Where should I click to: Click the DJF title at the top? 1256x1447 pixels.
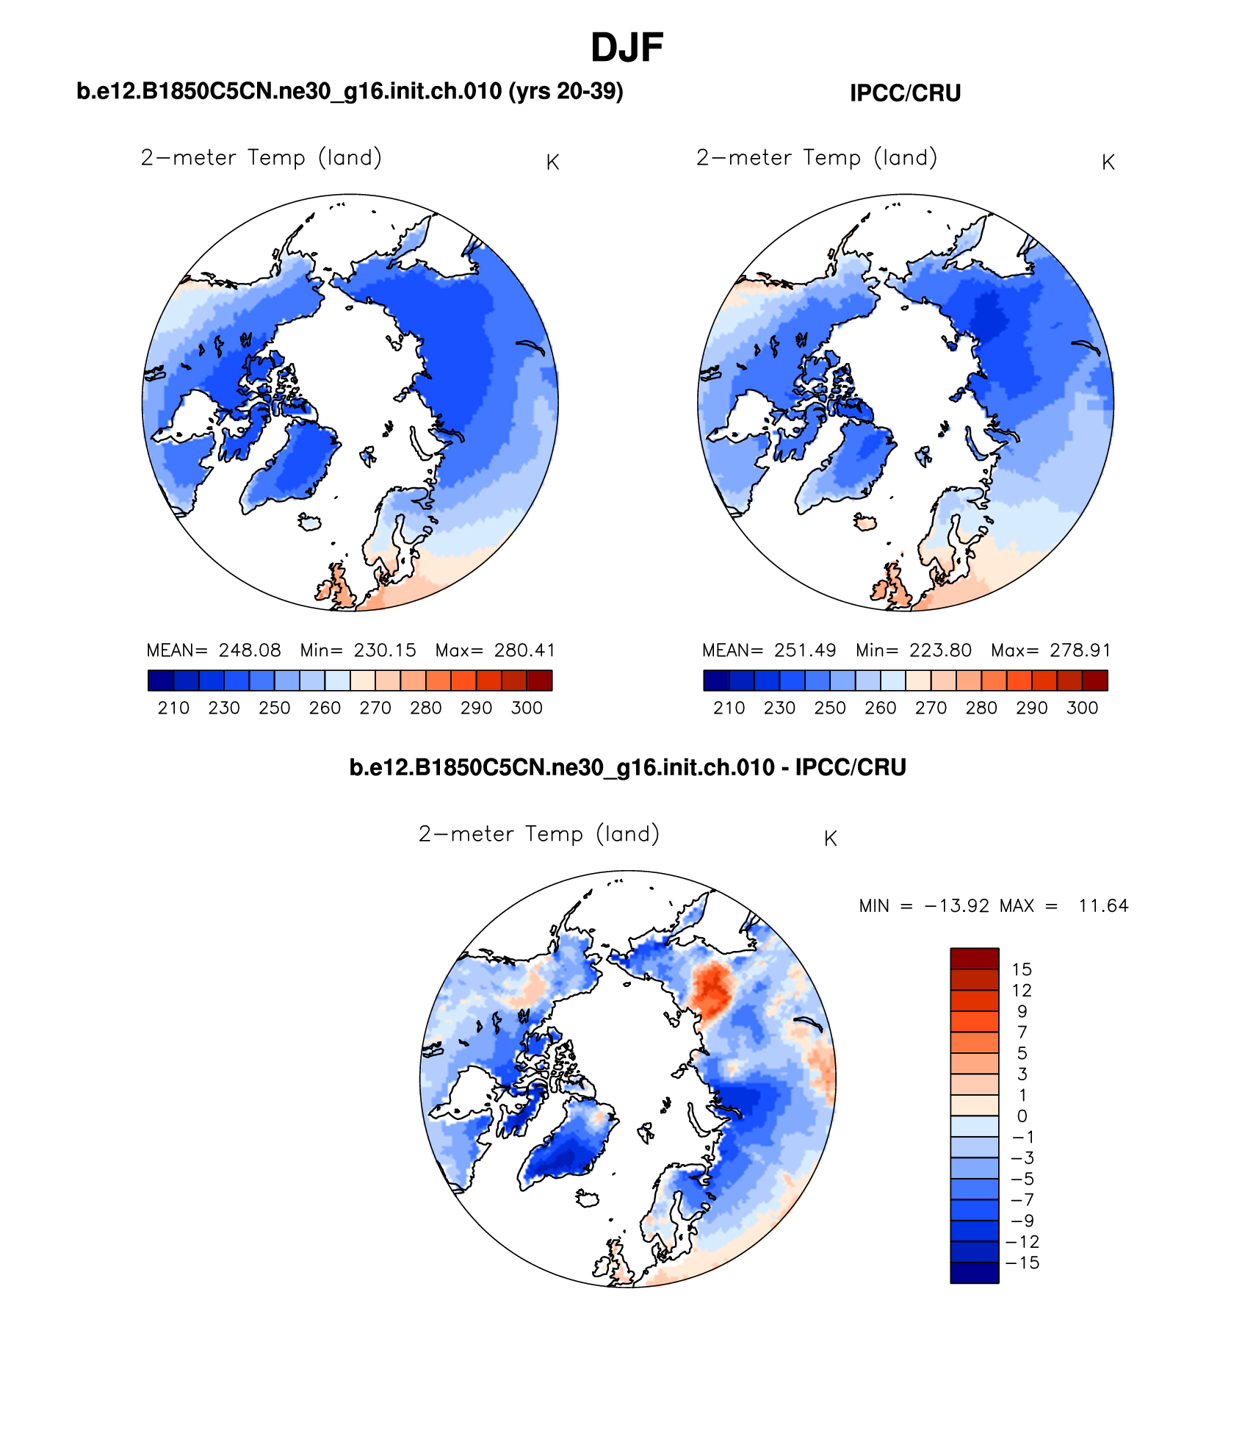click(x=627, y=49)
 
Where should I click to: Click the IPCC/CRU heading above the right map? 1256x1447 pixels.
click(x=905, y=93)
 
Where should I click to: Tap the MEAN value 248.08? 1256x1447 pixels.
click(x=250, y=650)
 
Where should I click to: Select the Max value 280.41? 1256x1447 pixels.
click(x=524, y=650)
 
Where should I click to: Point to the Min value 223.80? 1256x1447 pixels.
click(x=940, y=650)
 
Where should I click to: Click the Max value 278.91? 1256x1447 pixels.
click(x=1080, y=650)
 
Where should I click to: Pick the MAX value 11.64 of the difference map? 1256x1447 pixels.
click(x=1103, y=906)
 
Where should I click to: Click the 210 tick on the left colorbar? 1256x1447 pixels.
click(x=173, y=708)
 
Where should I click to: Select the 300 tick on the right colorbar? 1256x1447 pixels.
click(x=1082, y=708)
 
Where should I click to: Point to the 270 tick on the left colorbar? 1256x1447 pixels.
click(x=375, y=708)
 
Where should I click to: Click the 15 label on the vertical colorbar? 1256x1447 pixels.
click(x=1022, y=969)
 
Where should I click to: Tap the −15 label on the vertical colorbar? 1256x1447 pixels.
click(x=1022, y=1263)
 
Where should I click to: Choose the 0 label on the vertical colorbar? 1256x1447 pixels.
click(x=1022, y=1116)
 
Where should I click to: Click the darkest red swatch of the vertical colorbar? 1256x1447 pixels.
click(x=975, y=958)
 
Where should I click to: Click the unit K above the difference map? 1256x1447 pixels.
click(x=831, y=839)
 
